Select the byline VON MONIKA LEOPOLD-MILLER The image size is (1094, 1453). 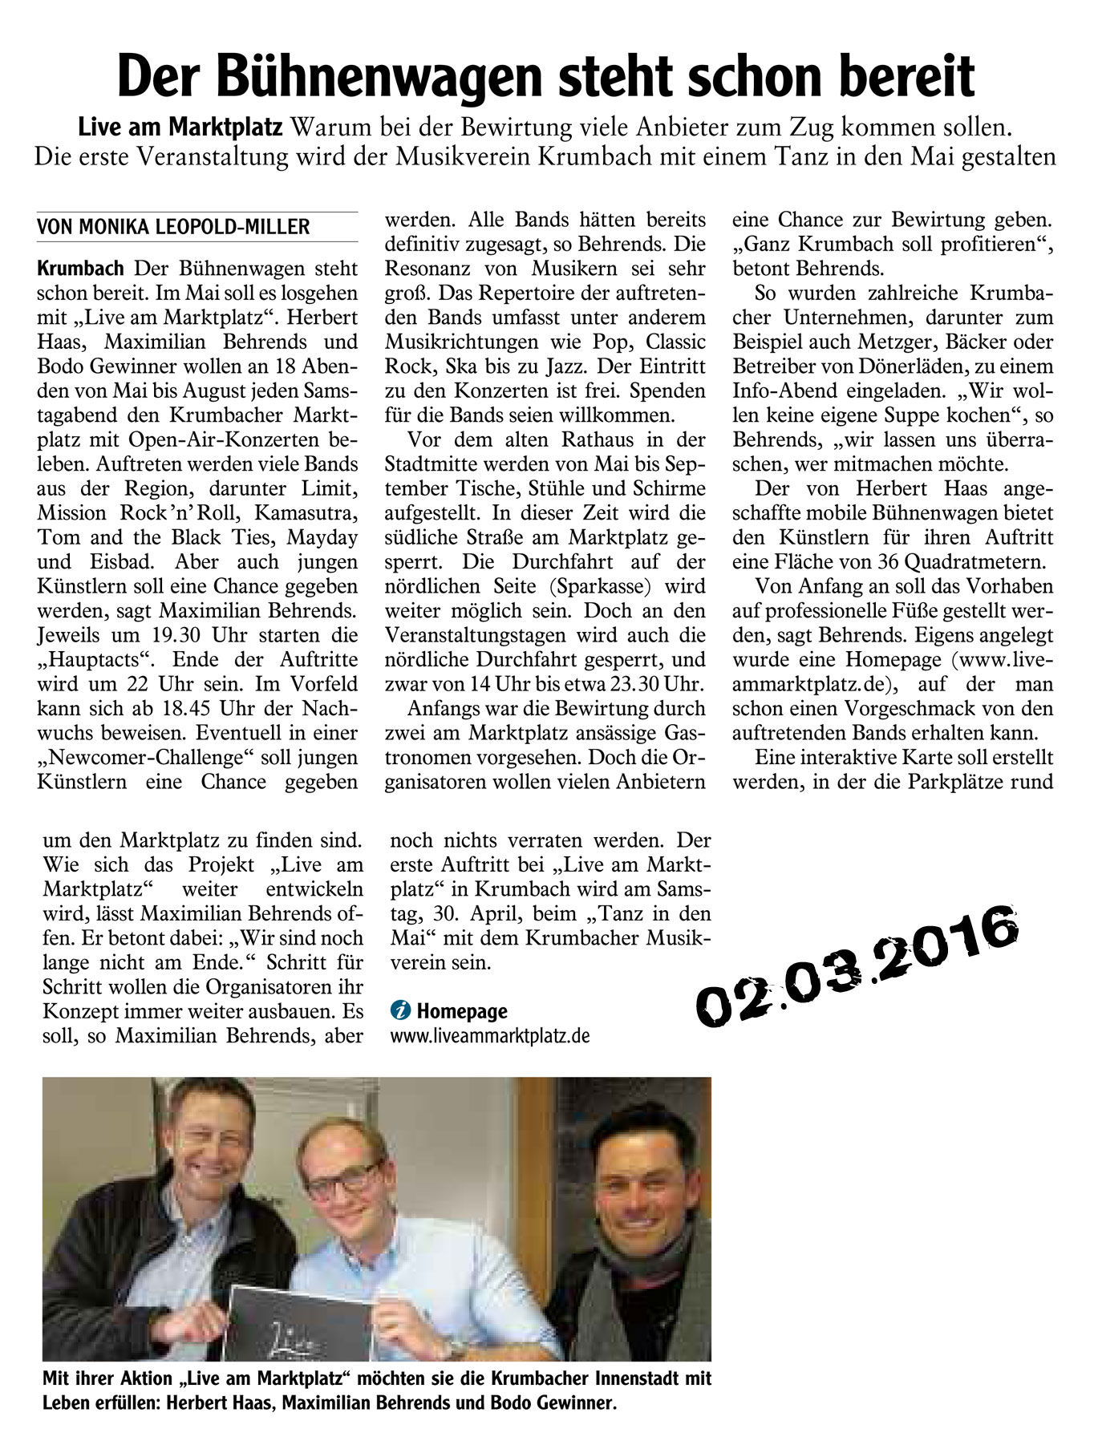tap(173, 227)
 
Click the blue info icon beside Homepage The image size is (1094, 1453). tap(399, 1011)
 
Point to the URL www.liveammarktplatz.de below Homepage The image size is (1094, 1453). tap(489, 1036)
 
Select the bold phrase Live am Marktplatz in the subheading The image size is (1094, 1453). tap(180, 127)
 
